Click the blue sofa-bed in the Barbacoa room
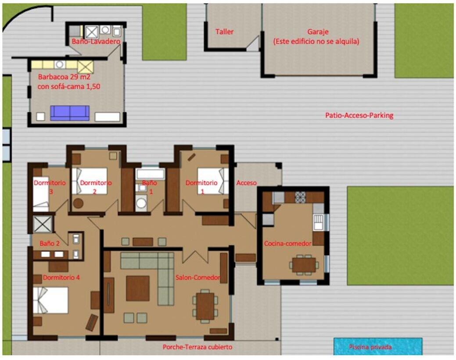coord(70,113)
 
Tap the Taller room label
coord(225,32)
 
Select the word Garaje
coord(318,32)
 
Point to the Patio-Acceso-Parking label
coord(359,115)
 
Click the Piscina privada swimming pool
coord(378,346)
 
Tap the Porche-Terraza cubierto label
coord(197,347)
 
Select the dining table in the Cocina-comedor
coord(304,265)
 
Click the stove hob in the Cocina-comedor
coord(300,197)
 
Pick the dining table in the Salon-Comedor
coord(205,306)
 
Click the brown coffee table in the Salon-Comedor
coord(137,288)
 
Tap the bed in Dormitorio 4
coord(50,300)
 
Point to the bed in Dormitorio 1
coord(213,181)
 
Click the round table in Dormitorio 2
coord(78,203)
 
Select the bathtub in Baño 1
coord(151,174)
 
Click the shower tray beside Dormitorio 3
coord(43,224)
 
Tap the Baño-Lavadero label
coord(96,41)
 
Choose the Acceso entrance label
coord(246,183)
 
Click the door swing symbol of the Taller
coord(253,43)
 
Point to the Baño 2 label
coord(50,243)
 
